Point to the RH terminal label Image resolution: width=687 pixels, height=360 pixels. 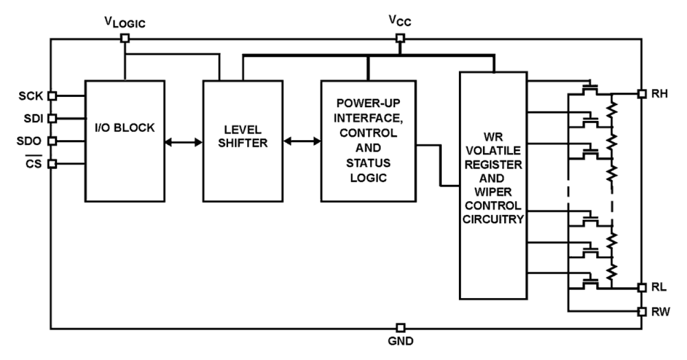tap(659, 94)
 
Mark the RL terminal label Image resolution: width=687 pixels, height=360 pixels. tap(658, 288)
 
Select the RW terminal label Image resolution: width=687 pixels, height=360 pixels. tap(659, 311)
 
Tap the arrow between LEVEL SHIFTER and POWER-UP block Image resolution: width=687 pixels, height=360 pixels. tap(302, 142)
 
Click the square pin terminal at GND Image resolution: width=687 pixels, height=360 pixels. tap(400, 328)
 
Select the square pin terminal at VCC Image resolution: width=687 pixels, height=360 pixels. tap(400, 38)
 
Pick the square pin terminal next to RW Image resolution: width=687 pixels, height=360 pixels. tap(642, 311)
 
